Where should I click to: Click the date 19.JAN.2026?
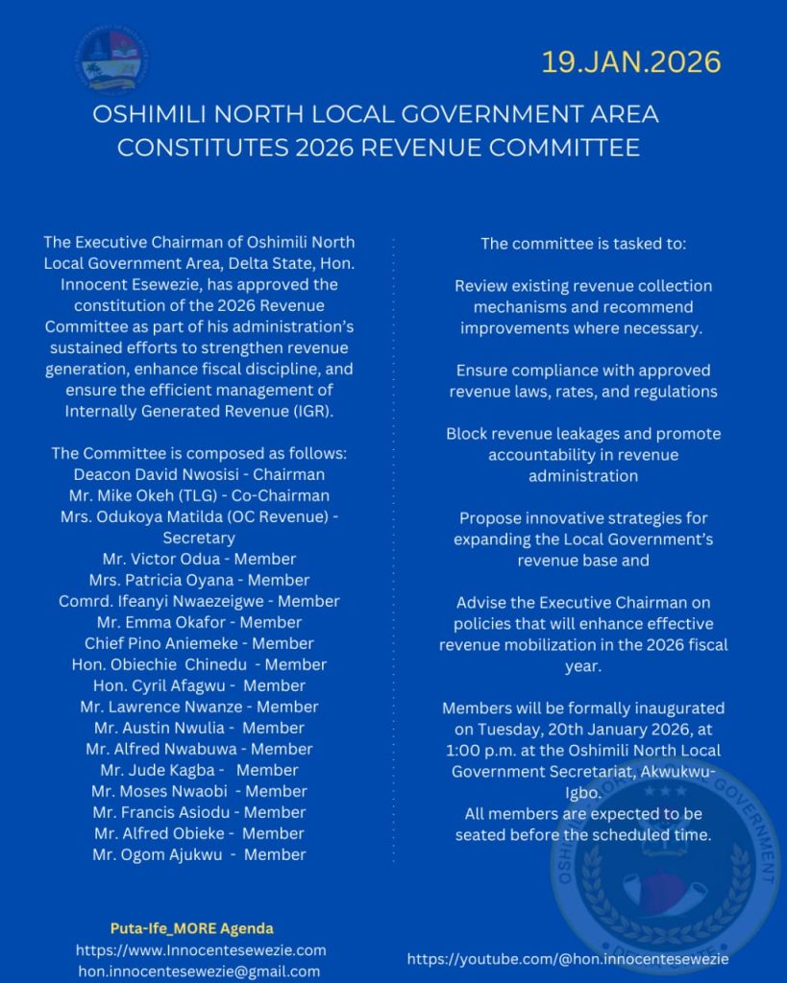[630, 62]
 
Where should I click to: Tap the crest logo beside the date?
[111, 61]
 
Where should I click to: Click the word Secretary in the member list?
[199, 538]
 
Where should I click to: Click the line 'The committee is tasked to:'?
[583, 244]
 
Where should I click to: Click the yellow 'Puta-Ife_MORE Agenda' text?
[192, 928]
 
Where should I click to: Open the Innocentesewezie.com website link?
[201, 950]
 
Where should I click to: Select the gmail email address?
[199, 971]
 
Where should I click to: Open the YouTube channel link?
[567, 959]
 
